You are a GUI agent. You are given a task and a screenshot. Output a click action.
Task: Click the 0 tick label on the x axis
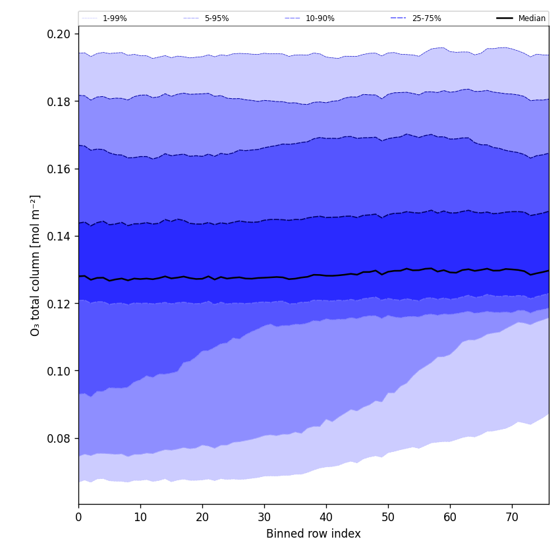[78, 517]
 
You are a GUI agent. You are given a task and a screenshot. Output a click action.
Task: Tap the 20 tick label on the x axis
[202, 517]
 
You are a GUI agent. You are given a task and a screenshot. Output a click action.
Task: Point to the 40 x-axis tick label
[326, 517]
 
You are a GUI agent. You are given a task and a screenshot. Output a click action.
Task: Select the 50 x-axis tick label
[388, 517]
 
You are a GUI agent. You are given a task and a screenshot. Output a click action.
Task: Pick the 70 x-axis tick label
[512, 517]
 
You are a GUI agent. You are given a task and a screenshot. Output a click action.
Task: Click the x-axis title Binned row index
[314, 534]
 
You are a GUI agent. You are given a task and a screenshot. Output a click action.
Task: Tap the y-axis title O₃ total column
[36, 265]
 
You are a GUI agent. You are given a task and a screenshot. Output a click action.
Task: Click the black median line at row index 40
[326, 275]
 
